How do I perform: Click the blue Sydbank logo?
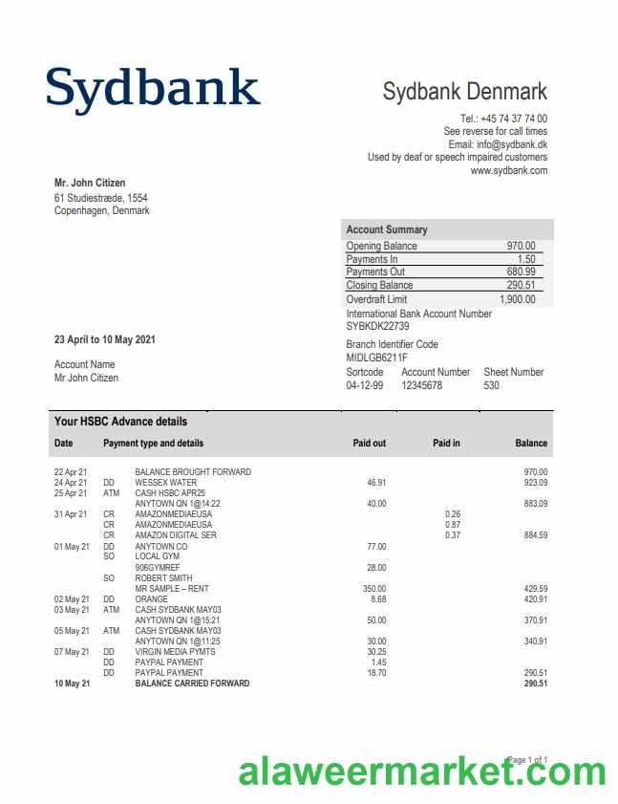pos(153,88)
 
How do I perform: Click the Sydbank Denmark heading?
pos(464,92)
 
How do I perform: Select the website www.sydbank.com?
pos(508,171)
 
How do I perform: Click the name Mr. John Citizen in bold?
pos(90,184)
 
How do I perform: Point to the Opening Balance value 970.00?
pos(521,246)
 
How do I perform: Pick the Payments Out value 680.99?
pos(521,272)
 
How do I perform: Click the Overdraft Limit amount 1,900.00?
pos(517,299)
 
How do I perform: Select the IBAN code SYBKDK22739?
pos(377,327)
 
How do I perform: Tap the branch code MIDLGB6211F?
pos(376,358)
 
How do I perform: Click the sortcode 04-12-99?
pos(364,385)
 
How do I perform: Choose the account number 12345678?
pos(421,385)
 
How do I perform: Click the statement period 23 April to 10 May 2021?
pos(105,339)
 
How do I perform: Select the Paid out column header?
pos(370,443)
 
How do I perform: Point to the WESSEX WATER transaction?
pos(165,483)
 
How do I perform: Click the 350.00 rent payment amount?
pos(374,589)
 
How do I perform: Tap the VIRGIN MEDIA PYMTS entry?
pos(177,652)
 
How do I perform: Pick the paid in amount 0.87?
pos(453,525)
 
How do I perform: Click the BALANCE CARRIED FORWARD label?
pos(192,684)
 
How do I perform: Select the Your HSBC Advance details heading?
pos(120,422)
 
